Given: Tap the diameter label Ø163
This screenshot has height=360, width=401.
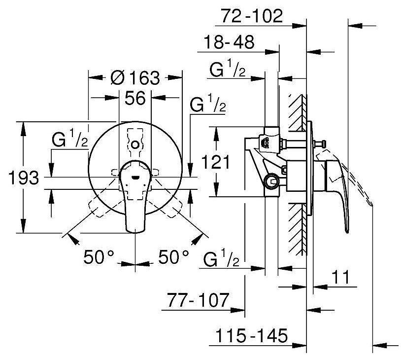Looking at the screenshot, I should [135, 77].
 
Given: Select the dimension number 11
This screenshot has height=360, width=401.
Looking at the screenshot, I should [339, 278].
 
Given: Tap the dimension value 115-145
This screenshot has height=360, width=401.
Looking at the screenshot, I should [251, 336].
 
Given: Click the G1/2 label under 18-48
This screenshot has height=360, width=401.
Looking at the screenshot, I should [227, 71].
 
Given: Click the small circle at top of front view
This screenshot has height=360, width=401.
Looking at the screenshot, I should [135, 144].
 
